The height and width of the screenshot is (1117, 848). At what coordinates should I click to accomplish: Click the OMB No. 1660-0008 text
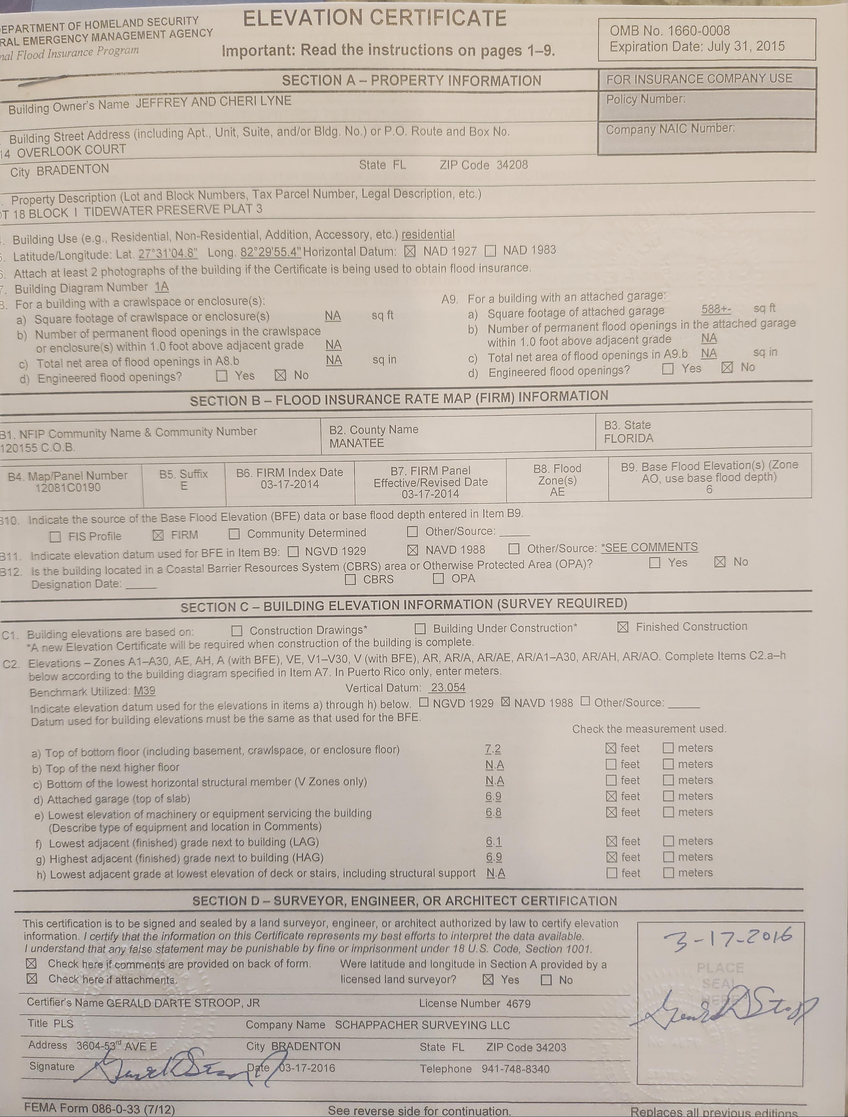click(x=669, y=31)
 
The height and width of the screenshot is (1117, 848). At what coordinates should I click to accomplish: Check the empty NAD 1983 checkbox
click(x=490, y=251)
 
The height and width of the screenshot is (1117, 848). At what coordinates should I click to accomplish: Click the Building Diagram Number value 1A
click(x=162, y=287)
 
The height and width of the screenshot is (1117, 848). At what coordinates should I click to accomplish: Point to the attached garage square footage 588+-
click(x=716, y=309)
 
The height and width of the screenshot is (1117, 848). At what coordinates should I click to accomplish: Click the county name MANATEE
click(x=356, y=443)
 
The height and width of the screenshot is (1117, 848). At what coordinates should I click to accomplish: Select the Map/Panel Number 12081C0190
click(x=68, y=488)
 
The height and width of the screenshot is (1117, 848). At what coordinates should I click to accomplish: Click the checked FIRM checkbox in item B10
click(x=158, y=535)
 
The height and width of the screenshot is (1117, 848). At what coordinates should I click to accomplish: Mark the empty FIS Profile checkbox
click(x=56, y=537)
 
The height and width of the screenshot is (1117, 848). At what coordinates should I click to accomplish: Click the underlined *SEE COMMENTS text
click(x=649, y=547)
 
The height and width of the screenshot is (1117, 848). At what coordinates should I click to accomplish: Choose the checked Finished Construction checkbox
click(x=623, y=627)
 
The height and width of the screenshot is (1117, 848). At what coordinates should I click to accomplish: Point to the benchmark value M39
click(x=144, y=691)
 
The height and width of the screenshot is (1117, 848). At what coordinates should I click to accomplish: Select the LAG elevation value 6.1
click(x=494, y=841)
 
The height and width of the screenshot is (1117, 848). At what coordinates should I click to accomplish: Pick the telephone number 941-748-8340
click(x=515, y=1069)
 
